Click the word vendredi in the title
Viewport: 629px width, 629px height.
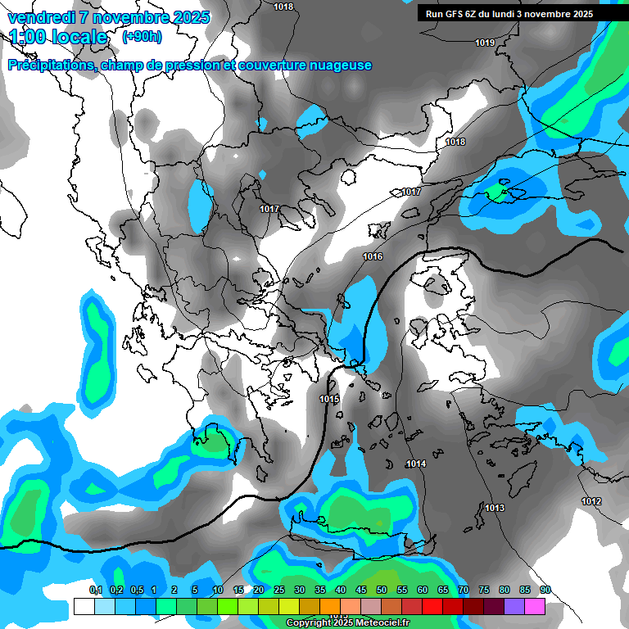(42, 17)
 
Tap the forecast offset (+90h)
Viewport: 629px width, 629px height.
(142, 36)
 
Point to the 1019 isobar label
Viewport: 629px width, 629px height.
(485, 43)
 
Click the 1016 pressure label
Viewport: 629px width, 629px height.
(373, 256)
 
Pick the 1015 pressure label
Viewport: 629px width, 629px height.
(329, 399)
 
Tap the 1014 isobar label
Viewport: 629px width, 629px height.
(416, 464)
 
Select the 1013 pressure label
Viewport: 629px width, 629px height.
(495, 508)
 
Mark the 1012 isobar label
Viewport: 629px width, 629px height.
(591, 501)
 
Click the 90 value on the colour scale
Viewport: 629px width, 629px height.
(545, 590)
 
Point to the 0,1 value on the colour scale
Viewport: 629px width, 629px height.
(95, 590)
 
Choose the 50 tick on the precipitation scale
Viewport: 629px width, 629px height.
(382, 590)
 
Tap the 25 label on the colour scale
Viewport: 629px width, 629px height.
(279, 590)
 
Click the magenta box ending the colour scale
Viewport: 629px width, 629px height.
(535, 606)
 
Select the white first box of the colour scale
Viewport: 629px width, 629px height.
(84, 606)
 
